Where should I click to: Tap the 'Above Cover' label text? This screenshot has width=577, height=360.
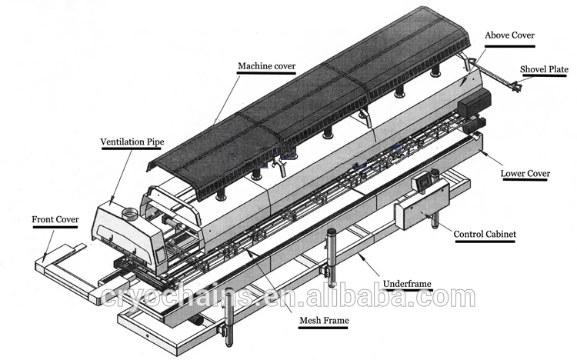(509, 35)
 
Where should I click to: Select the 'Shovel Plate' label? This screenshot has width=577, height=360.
(543, 69)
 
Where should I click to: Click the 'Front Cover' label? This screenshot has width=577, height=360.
(55, 219)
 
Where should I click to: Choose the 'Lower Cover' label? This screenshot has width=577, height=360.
(525, 174)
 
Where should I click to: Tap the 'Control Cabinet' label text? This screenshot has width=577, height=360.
(485, 235)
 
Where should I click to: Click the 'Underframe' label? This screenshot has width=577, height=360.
(409, 284)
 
